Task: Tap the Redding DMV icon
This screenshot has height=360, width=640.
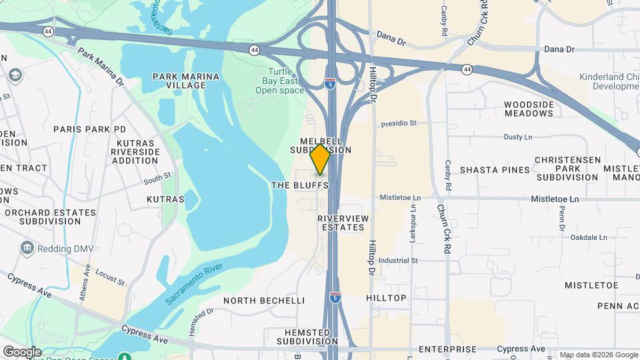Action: point(27,249)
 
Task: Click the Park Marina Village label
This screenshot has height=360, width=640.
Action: point(186,81)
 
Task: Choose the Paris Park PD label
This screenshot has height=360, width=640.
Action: point(89,129)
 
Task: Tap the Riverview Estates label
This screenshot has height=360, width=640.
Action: point(341,223)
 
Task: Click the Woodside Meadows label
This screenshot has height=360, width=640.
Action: point(529,109)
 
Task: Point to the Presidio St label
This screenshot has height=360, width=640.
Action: point(399,123)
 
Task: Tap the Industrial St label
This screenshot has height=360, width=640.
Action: point(397,260)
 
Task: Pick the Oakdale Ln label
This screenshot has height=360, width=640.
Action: point(589,237)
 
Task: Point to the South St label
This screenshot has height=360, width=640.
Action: point(157,178)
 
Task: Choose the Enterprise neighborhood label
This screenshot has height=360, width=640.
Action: point(447,349)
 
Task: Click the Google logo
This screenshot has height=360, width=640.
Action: point(22,351)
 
